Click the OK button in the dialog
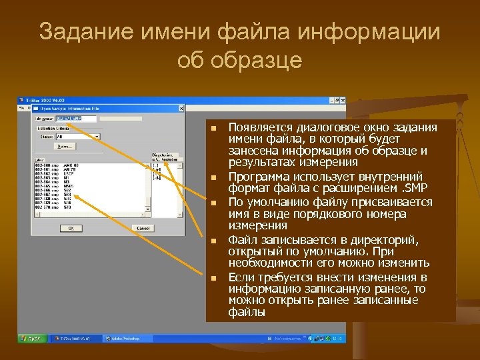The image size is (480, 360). (x=69, y=227)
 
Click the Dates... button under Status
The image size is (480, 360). (x=64, y=146)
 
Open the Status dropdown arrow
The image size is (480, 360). (x=97, y=136)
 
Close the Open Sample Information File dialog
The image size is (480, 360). (x=182, y=107)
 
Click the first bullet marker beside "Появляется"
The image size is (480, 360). (x=213, y=128)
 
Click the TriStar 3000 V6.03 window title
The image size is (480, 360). (x=44, y=99)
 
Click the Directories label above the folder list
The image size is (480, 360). (x=162, y=154)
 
